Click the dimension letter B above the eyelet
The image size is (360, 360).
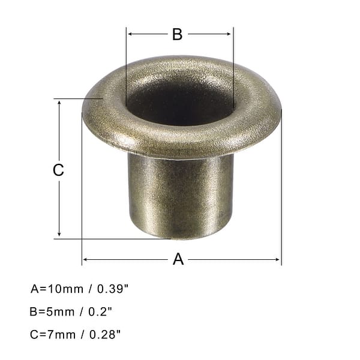click(177, 35)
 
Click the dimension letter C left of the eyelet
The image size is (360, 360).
click(58, 170)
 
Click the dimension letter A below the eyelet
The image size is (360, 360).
click(178, 259)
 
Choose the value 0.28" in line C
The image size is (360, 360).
click(108, 334)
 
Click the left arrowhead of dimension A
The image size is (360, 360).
click(85, 259)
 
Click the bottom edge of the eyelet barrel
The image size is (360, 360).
click(180, 238)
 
